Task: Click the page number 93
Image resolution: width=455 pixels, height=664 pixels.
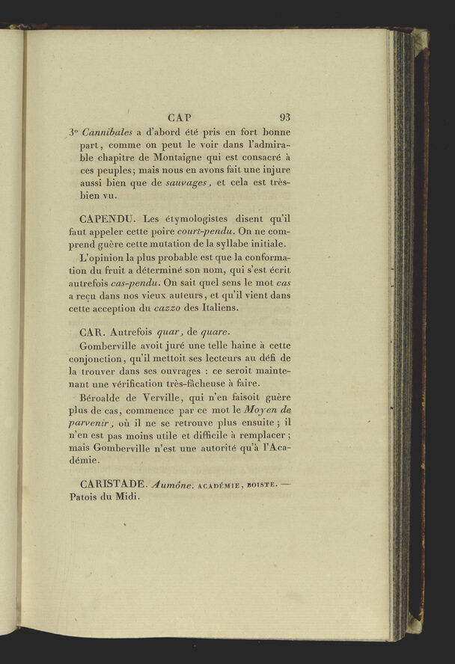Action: click(285, 117)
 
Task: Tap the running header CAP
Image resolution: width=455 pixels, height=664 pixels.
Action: click(180, 117)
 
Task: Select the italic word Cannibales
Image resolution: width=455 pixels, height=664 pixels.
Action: click(107, 132)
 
